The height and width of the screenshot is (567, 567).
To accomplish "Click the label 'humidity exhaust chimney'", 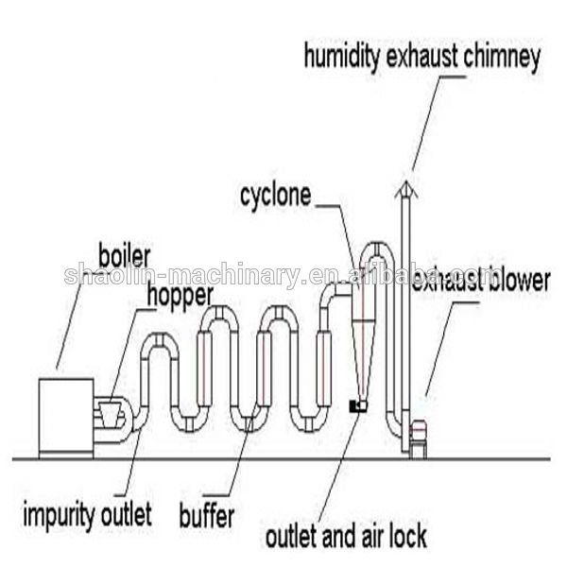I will tap(421, 57).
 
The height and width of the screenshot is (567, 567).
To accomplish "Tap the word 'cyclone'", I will tap(275, 196).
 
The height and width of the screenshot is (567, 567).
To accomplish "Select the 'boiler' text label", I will tap(125, 254).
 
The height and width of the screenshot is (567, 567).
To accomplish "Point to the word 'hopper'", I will tap(178, 296).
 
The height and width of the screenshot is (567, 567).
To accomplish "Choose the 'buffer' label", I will tap(207, 517).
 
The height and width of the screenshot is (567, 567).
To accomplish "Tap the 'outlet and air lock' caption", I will tap(345, 538).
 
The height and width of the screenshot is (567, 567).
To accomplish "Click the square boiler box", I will tap(65, 416).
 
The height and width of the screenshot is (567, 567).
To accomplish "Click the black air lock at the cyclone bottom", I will tap(357, 405).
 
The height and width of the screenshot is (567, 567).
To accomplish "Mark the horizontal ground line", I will tap(283, 459).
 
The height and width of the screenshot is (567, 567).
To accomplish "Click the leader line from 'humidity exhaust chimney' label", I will tap(427, 123).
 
